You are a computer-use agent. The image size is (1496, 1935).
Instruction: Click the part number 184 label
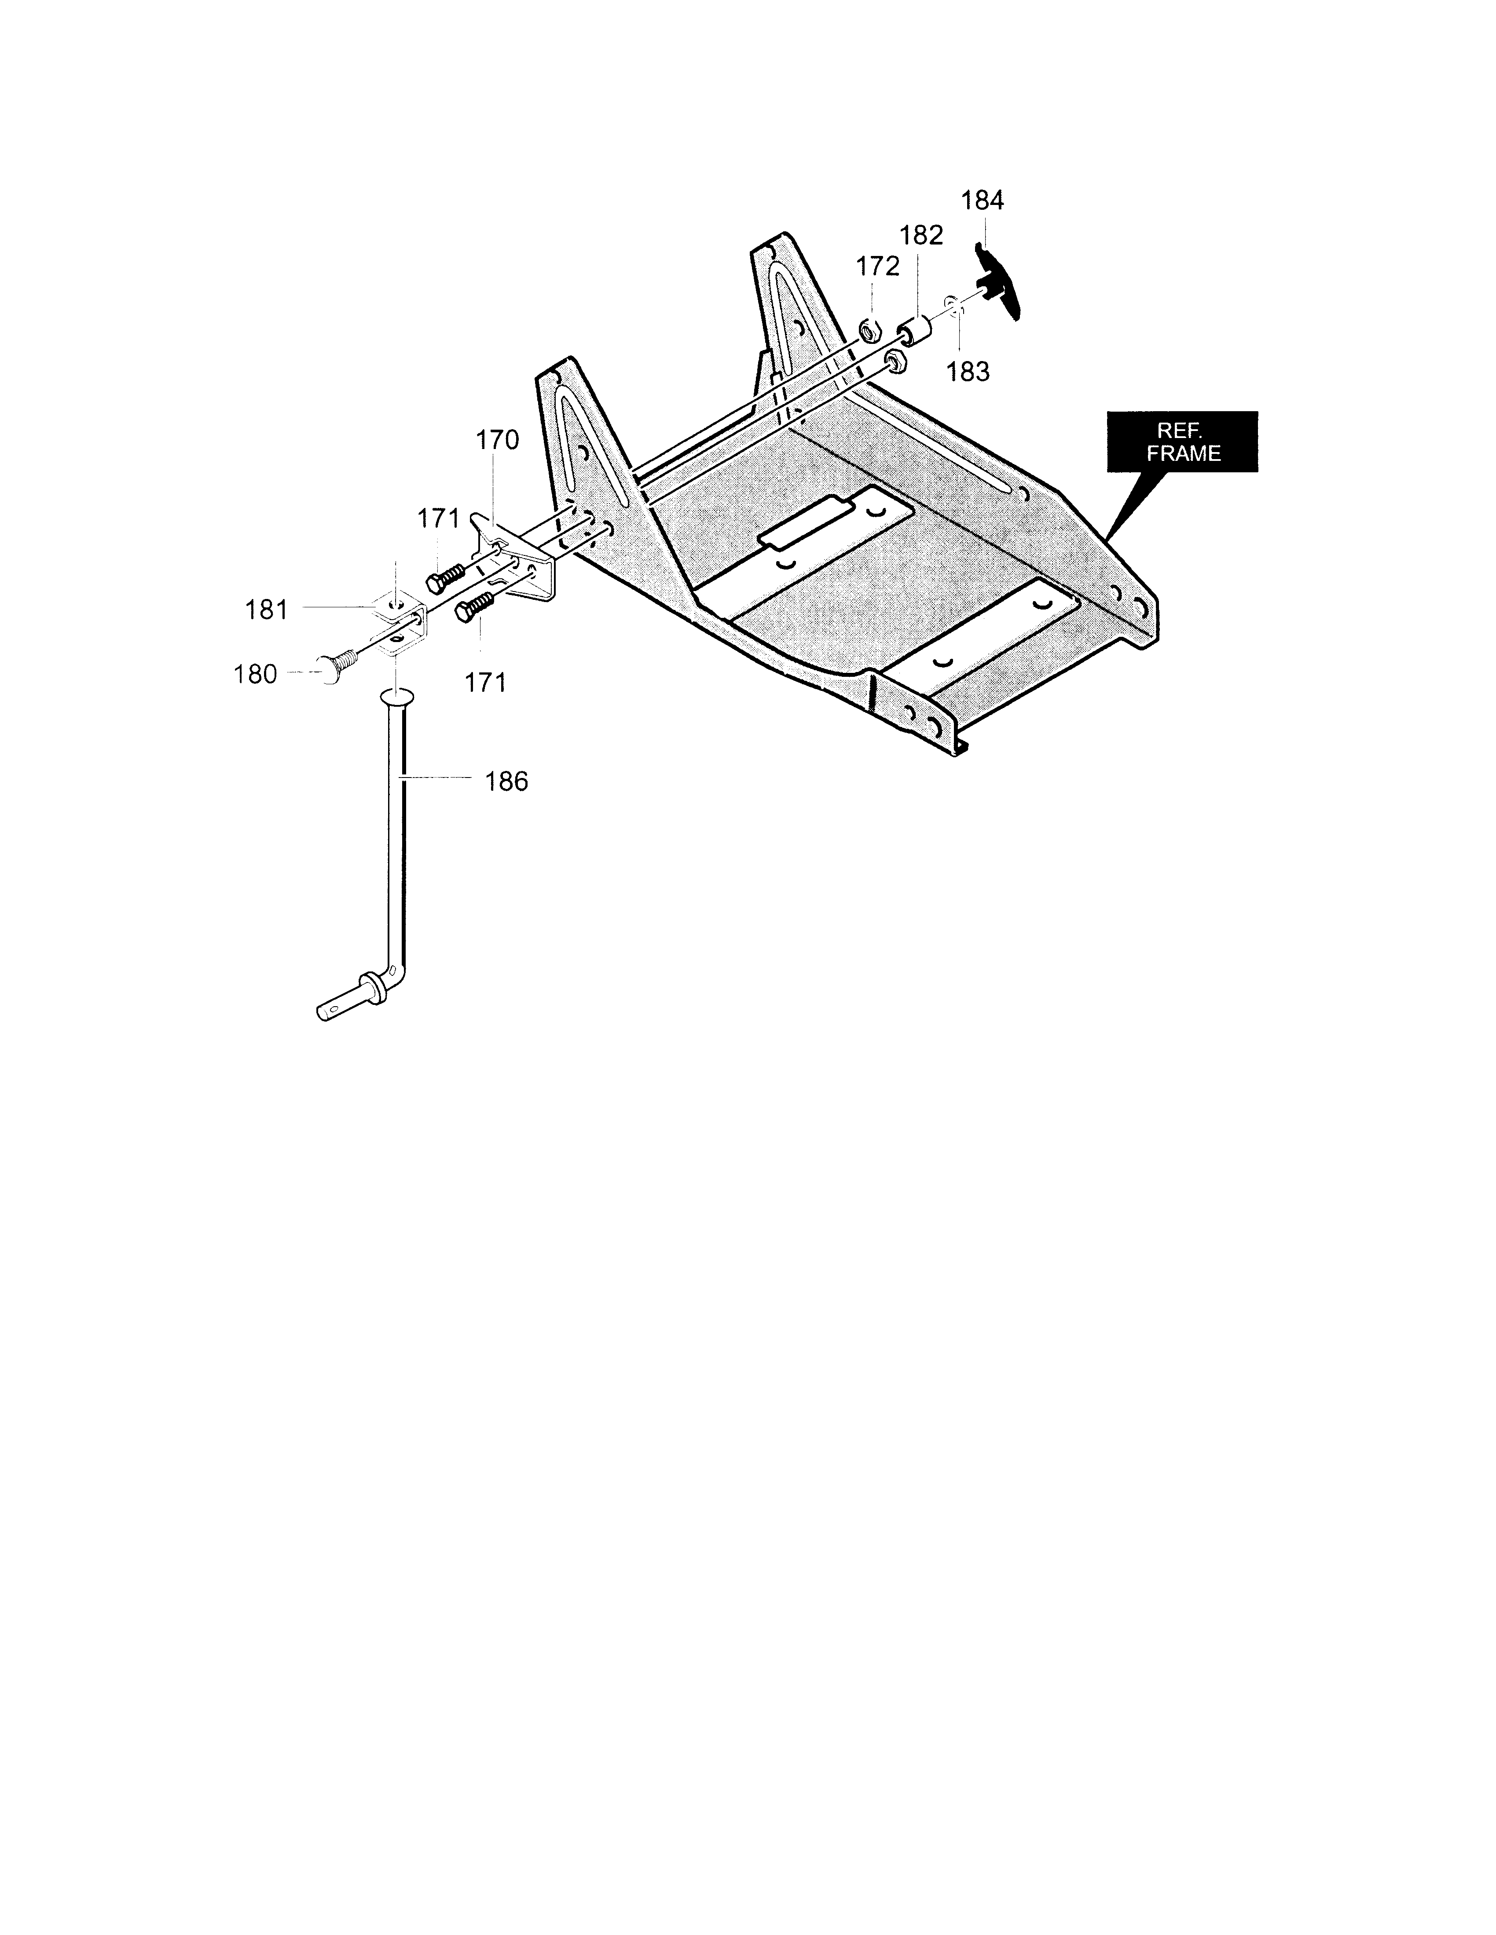click(x=982, y=201)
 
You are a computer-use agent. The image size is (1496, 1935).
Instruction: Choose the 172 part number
click(x=877, y=266)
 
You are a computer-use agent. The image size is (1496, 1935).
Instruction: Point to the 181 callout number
click(x=267, y=610)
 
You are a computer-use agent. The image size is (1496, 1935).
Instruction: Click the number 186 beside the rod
click(x=506, y=781)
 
